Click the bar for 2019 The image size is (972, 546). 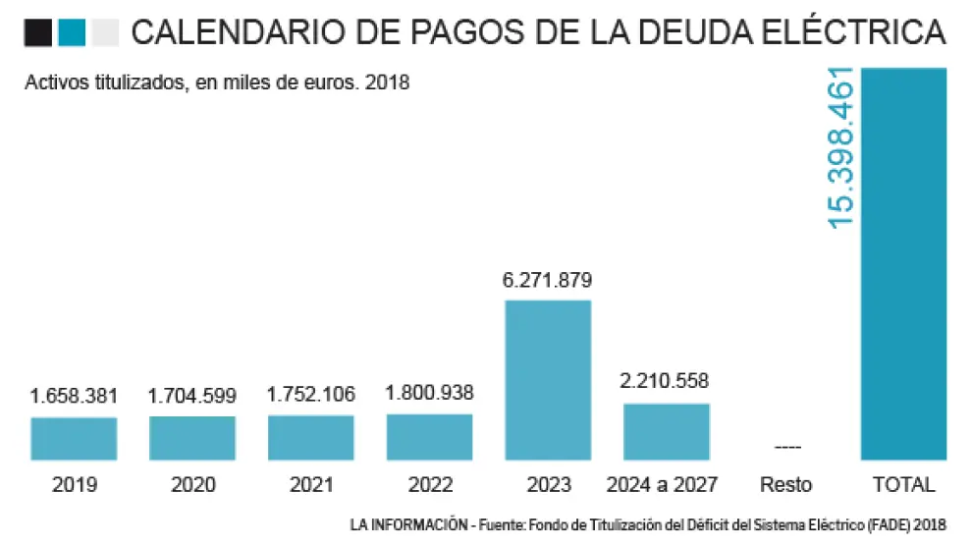click(74, 438)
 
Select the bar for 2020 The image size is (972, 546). click(192, 438)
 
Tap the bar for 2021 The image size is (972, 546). click(311, 437)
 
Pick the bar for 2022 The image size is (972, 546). click(429, 436)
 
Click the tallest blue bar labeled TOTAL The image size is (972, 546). click(903, 263)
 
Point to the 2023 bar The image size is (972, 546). click(548, 379)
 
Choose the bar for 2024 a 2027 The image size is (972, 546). click(667, 431)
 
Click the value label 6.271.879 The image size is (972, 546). click(548, 280)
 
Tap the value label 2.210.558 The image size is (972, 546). click(665, 382)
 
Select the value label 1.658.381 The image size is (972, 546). click(75, 397)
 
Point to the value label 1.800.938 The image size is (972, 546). click(429, 394)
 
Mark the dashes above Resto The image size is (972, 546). click(786, 448)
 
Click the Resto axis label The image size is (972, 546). click(786, 484)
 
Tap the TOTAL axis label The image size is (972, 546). click(903, 484)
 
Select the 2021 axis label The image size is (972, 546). click(311, 484)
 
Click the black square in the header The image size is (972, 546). click(38, 33)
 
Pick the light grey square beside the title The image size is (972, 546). click(104, 33)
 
